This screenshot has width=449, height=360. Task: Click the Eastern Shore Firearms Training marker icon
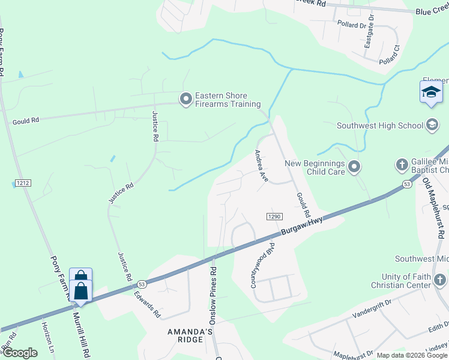pyautogui.click(x=186, y=98)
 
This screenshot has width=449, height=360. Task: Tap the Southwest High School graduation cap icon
pyautogui.click(x=431, y=125)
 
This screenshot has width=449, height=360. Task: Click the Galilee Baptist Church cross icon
pyautogui.click(x=401, y=164)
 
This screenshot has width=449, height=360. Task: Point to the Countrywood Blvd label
pyautogui.click(x=264, y=264)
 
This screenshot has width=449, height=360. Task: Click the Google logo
pyautogui.click(x=19, y=353)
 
